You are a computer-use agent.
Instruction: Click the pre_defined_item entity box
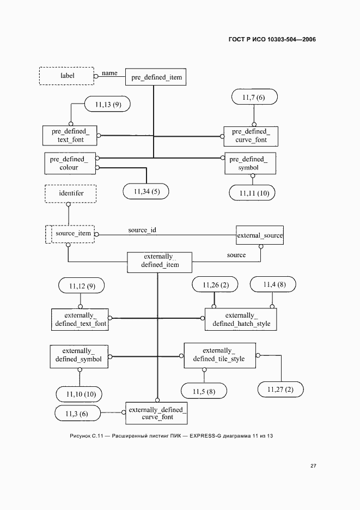pyautogui.click(x=156, y=77)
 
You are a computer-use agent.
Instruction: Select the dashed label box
pyautogui.click(x=66, y=76)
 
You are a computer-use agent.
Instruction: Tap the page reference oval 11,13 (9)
pyautogui.click(x=107, y=105)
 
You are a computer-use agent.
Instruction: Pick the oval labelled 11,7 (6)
pyautogui.click(x=254, y=97)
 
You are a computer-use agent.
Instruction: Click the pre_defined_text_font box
pyautogui.click(x=70, y=136)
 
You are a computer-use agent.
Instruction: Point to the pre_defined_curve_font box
pyautogui.click(x=251, y=136)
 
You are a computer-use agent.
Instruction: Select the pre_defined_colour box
pyautogui.click(x=70, y=163)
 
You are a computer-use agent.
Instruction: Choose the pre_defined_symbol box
pyautogui.click(x=250, y=163)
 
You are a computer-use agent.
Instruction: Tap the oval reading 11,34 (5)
pyautogui.click(x=146, y=191)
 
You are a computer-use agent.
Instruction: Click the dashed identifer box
pyautogui.click(x=71, y=193)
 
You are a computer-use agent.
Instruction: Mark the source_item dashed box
pyautogui.click(x=70, y=234)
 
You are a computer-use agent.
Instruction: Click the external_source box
pyautogui.click(x=259, y=235)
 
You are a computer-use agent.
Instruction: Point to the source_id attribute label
pyautogui.click(x=142, y=230)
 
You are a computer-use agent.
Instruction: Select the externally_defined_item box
pyautogui.click(x=160, y=262)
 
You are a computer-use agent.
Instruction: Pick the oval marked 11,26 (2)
pyautogui.click(x=215, y=284)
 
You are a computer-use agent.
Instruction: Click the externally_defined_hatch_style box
pyautogui.click(x=241, y=319)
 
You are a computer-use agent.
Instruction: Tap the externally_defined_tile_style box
pyautogui.click(x=220, y=355)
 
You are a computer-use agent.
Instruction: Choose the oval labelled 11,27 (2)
pyautogui.click(x=280, y=390)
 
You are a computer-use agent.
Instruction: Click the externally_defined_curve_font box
pyautogui.click(x=156, y=413)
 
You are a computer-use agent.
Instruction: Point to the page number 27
pyautogui.click(x=313, y=466)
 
